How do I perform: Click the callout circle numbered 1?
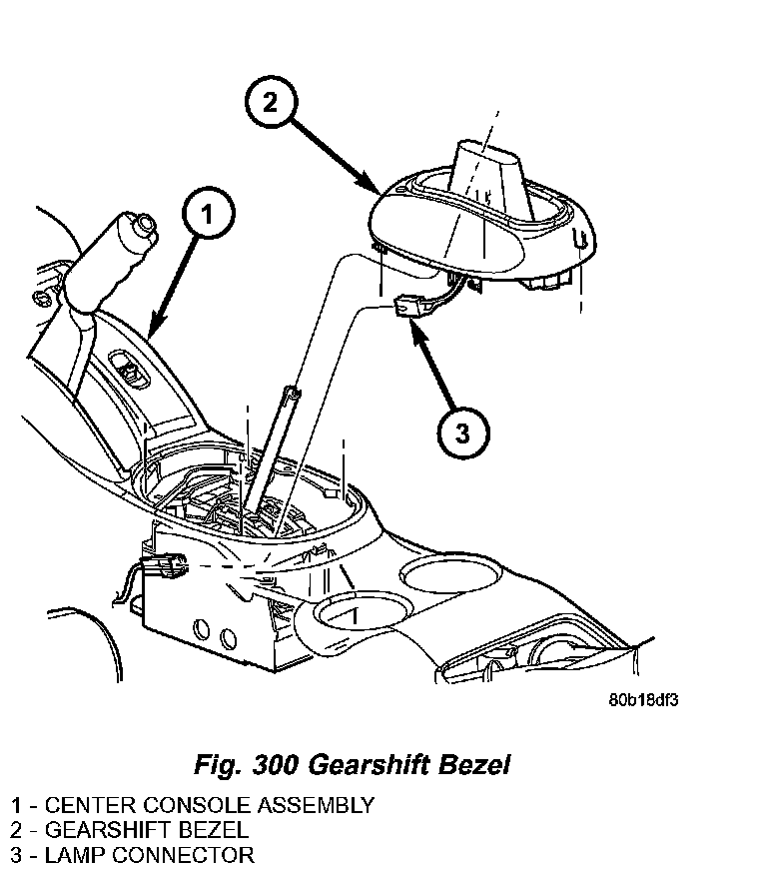(207, 214)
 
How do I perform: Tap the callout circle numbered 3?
(462, 431)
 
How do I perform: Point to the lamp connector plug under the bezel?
(405, 309)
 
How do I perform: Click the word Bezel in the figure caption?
(474, 765)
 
